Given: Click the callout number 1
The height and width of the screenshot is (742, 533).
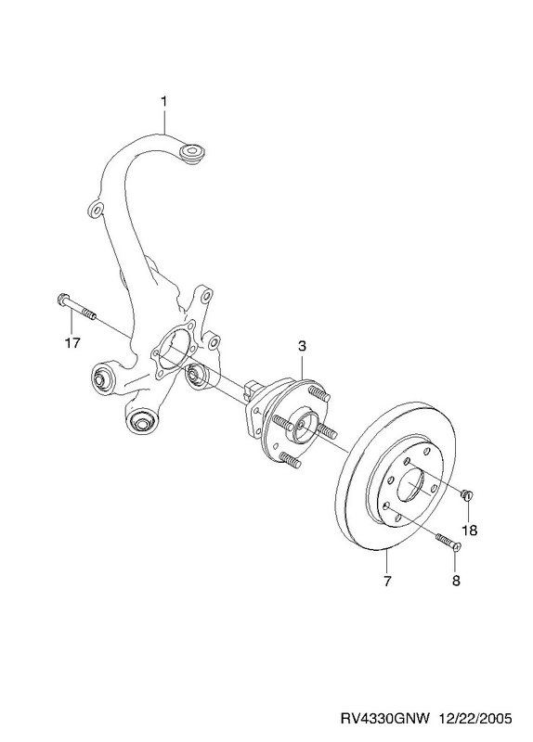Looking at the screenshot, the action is click(x=164, y=101).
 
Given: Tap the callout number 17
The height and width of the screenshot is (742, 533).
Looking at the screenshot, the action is click(x=72, y=341).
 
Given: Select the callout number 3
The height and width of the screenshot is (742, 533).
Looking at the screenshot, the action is click(x=303, y=346).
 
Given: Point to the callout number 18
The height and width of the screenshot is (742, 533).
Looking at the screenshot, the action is click(x=470, y=531).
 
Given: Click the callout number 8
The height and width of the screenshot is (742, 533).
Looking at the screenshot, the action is click(x=456, y=581).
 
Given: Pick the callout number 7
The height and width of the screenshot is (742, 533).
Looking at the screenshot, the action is click(x=387, y=581).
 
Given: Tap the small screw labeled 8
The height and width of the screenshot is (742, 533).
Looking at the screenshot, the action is click(x=448, y=542).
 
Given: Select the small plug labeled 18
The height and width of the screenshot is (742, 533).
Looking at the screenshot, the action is click(x=467, y=494).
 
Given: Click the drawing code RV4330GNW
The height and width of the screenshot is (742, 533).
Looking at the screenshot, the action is click(x=384, y=720).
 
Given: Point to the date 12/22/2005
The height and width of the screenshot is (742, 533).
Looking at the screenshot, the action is click(x=475, y=720).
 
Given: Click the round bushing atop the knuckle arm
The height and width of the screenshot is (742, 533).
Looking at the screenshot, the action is click(x=192, y=153).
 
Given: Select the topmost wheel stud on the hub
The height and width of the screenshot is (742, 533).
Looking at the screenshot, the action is click(x=318, y=393).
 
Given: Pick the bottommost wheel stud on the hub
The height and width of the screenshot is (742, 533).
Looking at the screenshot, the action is click(x=291, y=460).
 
